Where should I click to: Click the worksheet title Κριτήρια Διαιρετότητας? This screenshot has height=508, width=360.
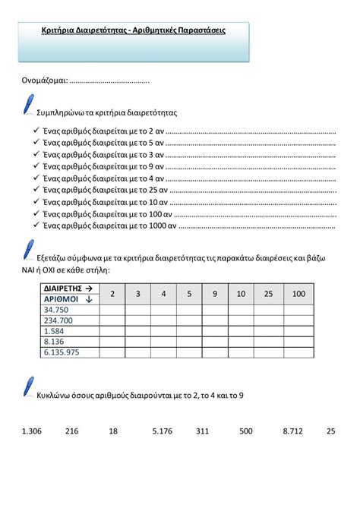[133, 30]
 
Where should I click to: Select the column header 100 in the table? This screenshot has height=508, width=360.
[298, 294]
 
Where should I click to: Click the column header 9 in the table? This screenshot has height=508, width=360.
[214, 294]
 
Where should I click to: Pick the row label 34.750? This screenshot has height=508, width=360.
[57, 310]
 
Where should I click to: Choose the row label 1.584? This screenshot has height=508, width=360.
[55, 331]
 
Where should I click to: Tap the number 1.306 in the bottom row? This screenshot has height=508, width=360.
[32, 431]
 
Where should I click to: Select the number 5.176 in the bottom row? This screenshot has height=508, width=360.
[163, 431]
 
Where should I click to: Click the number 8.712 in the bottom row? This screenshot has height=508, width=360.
[292, 431]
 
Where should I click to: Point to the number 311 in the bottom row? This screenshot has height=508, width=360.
[201, 431]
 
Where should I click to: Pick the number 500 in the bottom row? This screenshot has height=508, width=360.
[246, 431]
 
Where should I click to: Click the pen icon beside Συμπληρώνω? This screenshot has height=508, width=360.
[28, 106]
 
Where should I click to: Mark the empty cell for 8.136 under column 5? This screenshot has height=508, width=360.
[189, 342]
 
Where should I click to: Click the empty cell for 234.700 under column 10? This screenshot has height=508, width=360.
[242, 320]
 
